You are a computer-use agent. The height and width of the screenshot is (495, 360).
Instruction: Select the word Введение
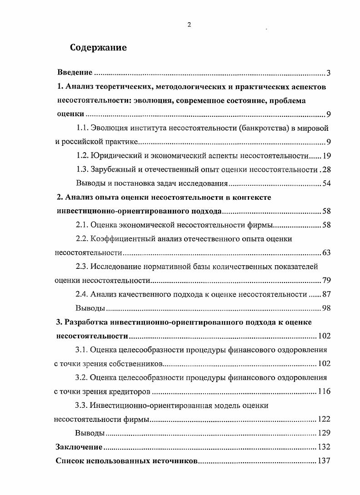tap(75, 73)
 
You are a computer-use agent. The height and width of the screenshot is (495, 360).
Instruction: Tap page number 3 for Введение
tap(328, 73)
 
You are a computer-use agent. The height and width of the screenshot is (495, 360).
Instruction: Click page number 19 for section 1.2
tap(326, 156)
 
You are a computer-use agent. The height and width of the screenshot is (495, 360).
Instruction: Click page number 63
tap(326, 253)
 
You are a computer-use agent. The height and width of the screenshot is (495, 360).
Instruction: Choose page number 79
tap(326, 281)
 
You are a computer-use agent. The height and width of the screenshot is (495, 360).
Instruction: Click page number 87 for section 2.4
tap(326, 295)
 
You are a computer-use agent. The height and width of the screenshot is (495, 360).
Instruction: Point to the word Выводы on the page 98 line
tap(90, 309)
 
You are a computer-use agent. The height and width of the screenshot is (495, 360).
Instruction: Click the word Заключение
tap(79, 447)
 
